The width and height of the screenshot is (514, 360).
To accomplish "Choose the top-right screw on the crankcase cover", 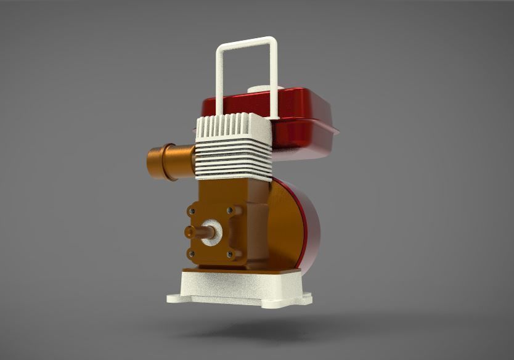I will click(x=232, y=210).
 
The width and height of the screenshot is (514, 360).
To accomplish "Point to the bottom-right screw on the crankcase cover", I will click(x=229, y=253).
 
